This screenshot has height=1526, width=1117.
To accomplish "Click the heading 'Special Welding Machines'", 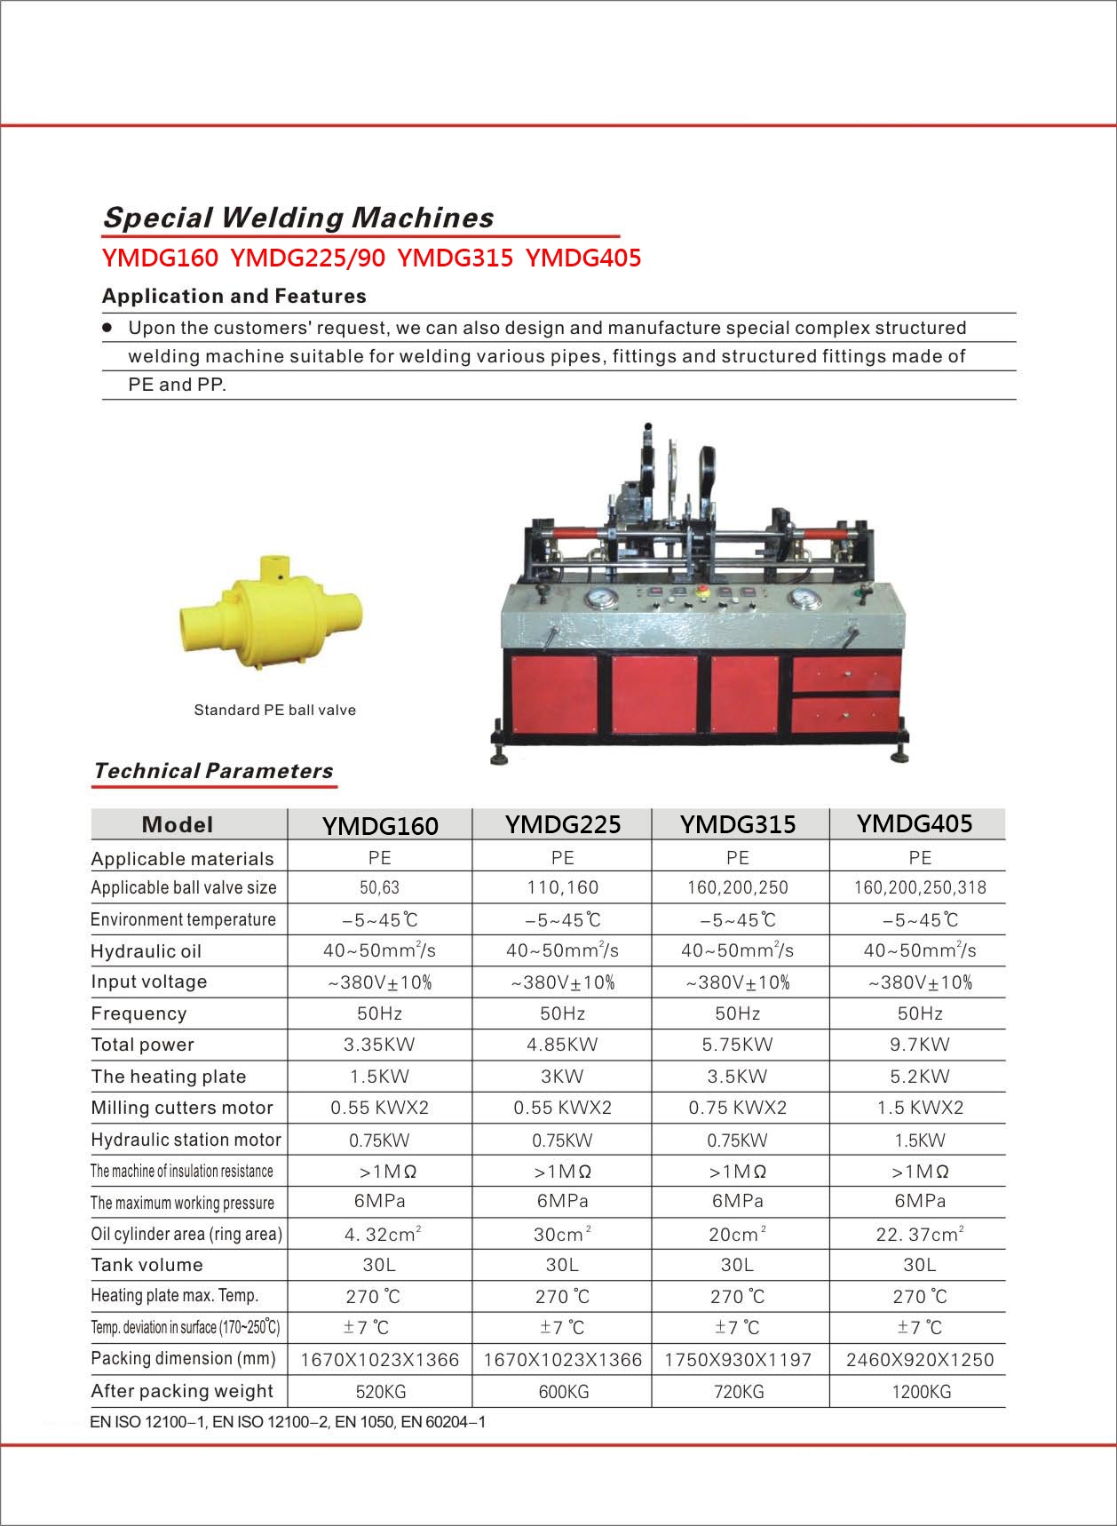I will click(297, 218).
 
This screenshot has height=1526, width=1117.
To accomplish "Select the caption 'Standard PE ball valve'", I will click(274, 710).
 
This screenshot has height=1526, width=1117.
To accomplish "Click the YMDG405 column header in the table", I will click(915, 823).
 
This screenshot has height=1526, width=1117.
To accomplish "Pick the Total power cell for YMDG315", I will click(737, 1045).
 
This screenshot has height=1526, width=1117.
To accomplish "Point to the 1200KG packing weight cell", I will click(921, 1392).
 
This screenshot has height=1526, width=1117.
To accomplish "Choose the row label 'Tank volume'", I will click(147, 1265).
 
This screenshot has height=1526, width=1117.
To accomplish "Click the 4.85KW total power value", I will click(562, 1045).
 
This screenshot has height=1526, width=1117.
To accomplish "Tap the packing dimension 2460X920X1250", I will click(920, 1360).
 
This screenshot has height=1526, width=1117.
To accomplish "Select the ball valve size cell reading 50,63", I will click(379, 887).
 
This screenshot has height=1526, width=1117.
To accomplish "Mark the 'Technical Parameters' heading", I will click(213, 770).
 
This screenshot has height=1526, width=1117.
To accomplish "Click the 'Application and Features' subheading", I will click(234, 296).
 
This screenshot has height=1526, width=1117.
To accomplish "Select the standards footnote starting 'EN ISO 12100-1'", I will click(288, 1422).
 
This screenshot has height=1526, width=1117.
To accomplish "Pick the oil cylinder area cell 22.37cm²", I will click(920, 1235).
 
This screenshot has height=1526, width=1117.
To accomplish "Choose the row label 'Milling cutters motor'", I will click(182, 1108).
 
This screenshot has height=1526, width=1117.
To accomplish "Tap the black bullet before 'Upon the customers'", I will click(108, 327).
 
